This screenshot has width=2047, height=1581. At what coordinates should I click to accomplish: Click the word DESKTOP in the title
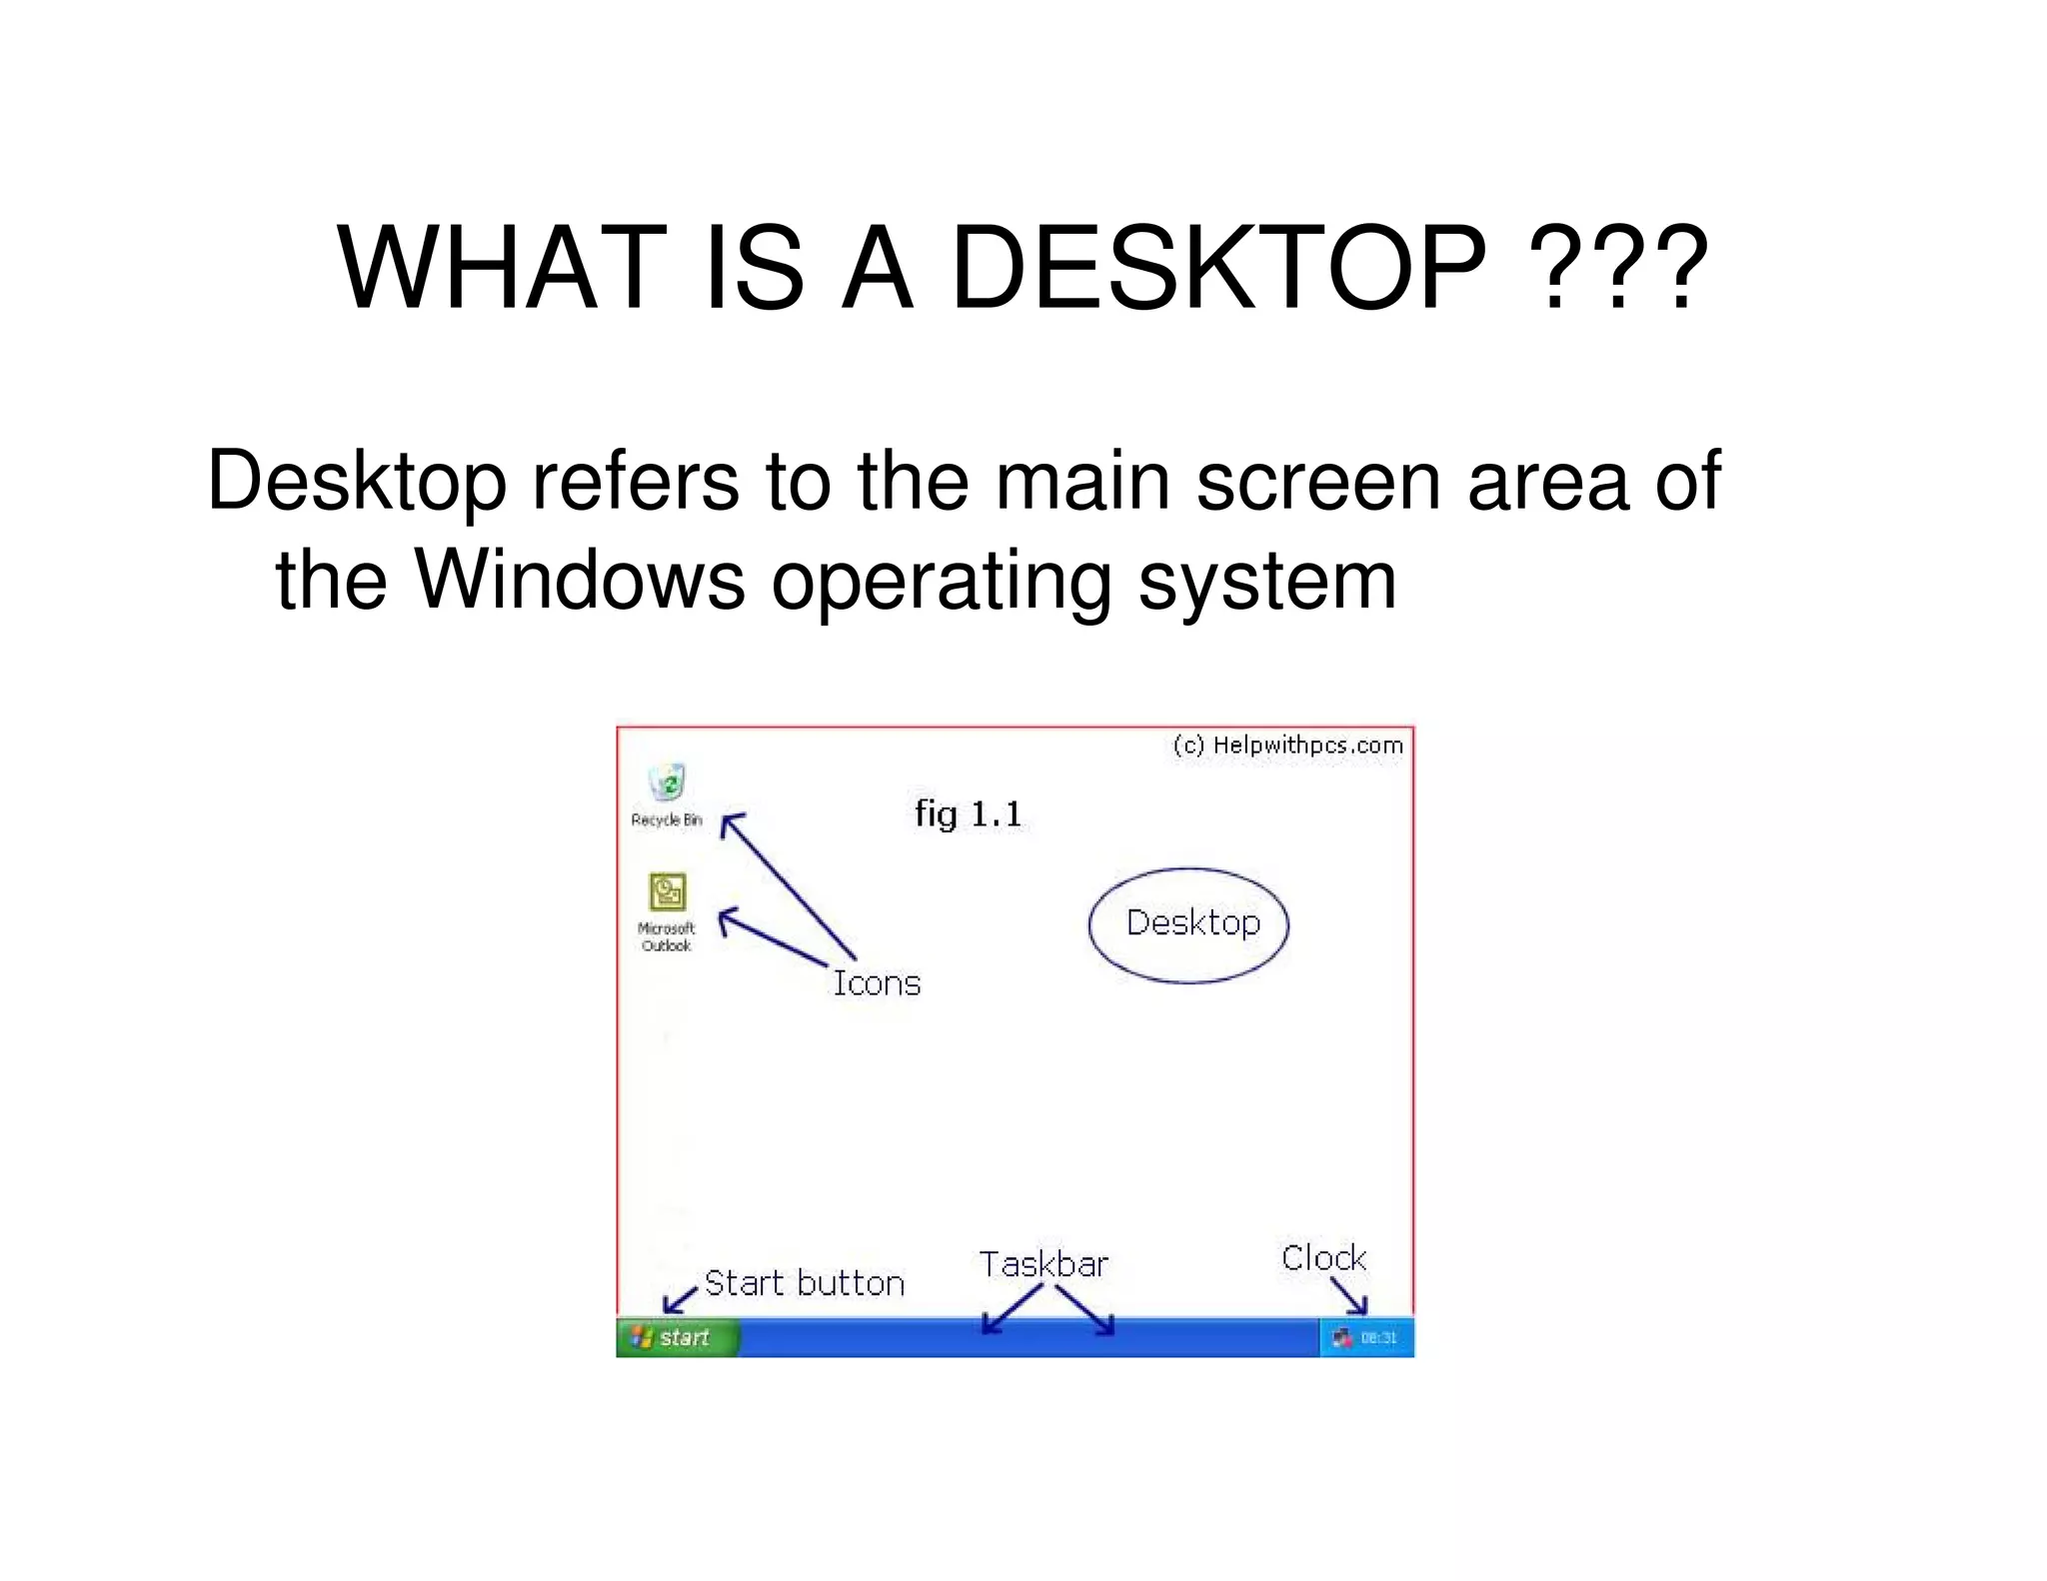[x=1218, y=268]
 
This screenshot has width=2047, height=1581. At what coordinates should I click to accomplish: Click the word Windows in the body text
[x=580, y=581]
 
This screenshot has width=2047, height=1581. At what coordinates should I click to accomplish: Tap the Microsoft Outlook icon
[x=667, y=891]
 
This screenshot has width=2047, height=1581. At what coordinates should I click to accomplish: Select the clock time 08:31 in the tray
[x=1378, y=1338]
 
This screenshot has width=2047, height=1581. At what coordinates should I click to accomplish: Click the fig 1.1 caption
[x=969, y=813]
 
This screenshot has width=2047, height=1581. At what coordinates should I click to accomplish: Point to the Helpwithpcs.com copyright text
[x=1288, y=746]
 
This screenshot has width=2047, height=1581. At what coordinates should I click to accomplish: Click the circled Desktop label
[x=1192, y=922]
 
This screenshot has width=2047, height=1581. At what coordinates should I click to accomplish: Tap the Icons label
[x=877, y=983]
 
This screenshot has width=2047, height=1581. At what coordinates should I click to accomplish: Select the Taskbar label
[x=1043, y=1264]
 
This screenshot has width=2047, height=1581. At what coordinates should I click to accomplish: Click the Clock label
[x=1323, y=1257]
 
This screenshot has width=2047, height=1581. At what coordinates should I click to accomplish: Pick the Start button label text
[x=804, y=1283]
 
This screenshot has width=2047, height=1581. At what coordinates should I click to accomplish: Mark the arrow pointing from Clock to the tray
[x=1349, y=1296]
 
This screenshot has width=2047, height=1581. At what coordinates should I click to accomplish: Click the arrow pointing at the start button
[x=680, y=1299]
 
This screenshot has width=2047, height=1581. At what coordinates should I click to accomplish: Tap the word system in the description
[x=1266, y=581]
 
